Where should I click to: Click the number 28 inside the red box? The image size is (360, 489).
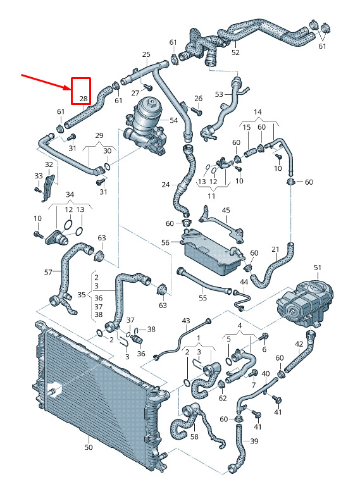point(84,99)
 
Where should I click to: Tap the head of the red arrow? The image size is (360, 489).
point(69,89)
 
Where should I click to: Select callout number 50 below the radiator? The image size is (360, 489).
point(89,447)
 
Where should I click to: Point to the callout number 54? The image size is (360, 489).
point(174,120)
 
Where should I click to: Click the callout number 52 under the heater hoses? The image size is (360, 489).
point(235,53)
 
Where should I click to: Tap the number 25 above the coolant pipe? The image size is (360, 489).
point(146,54)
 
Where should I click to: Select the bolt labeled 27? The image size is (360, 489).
point(148,87)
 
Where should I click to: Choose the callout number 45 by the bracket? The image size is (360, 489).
point(225,210)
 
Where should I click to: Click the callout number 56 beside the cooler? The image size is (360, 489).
point(165,242)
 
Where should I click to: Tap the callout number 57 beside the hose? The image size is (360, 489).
point(48,272)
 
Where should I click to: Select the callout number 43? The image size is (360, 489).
point(185,321)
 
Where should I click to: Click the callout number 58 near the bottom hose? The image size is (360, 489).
point(194,436)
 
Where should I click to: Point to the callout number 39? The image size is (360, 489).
point(254,441)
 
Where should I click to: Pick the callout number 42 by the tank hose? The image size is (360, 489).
point(299,344)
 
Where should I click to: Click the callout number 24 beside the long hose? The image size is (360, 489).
point(166,185)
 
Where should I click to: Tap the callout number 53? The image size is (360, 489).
point(220,94)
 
